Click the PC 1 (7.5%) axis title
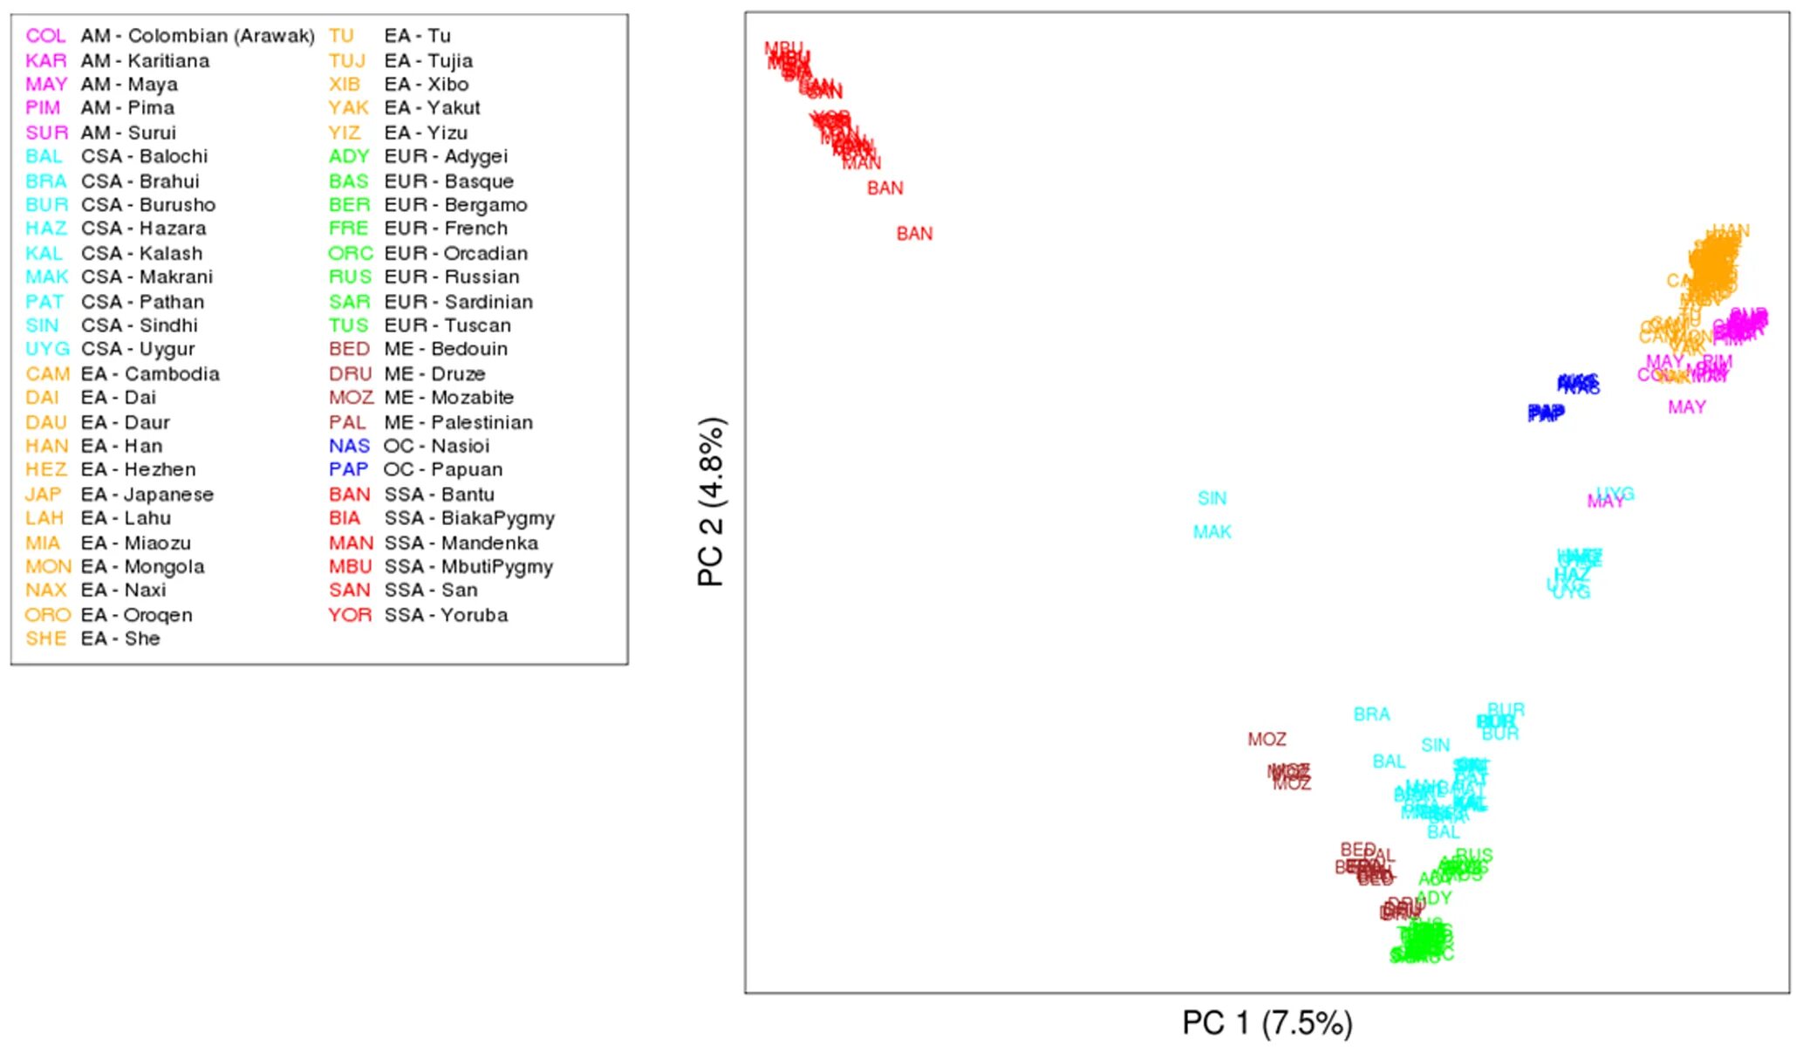(1267, 1022)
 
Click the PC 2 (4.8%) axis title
(712, 502)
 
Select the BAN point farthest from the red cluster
(914, 234)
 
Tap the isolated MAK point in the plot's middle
(1212, 532)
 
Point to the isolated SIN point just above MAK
(1212, 498)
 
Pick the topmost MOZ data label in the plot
(1267, 740)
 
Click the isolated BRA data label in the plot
(1371, 714)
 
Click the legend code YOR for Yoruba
(350, 615)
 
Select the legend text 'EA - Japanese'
(147, 495)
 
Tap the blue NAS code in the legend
(349, 446)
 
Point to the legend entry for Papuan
(442, 469)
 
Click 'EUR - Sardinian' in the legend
(458, 302)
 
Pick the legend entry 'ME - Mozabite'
(448, 398)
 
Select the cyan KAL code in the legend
(44, 253)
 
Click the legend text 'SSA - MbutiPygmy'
(468, 567)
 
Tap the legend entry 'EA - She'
(120, 639)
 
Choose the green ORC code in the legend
(350, 253)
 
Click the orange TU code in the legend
(341, 36)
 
